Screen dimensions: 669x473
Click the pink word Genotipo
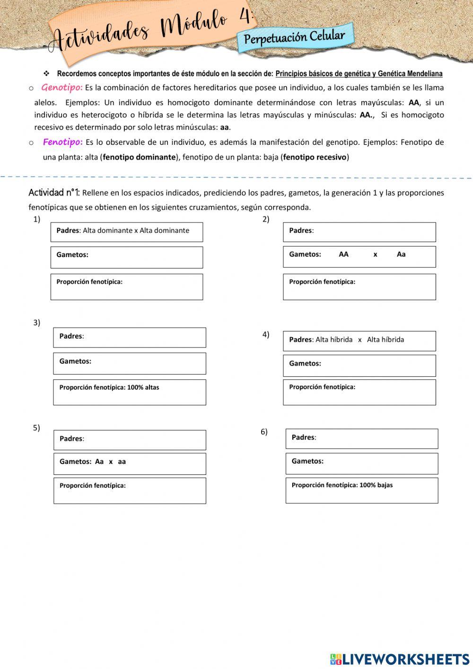click(62, 88)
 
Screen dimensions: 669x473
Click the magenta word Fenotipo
click(63, 142)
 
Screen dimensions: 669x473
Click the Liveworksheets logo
click(400, 659)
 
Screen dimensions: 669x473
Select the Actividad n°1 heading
click(54, 193)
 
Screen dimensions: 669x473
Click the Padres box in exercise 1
click(127, 232)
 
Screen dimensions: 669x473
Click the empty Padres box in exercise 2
click(359, 232)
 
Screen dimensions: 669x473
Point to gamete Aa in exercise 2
click(401, 254)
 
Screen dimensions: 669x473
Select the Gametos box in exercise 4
click(359, 366)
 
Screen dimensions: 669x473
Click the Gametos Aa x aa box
click(130, 464)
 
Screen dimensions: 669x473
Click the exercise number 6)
click(264, 432)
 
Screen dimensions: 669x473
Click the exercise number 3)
click(36, 323)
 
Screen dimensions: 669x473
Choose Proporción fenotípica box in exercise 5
click(130, 491)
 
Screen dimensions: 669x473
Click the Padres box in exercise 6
click(362, 438)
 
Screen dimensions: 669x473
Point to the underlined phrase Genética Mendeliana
click(410, 74)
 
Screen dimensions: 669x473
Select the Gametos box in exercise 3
click(130, 364)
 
